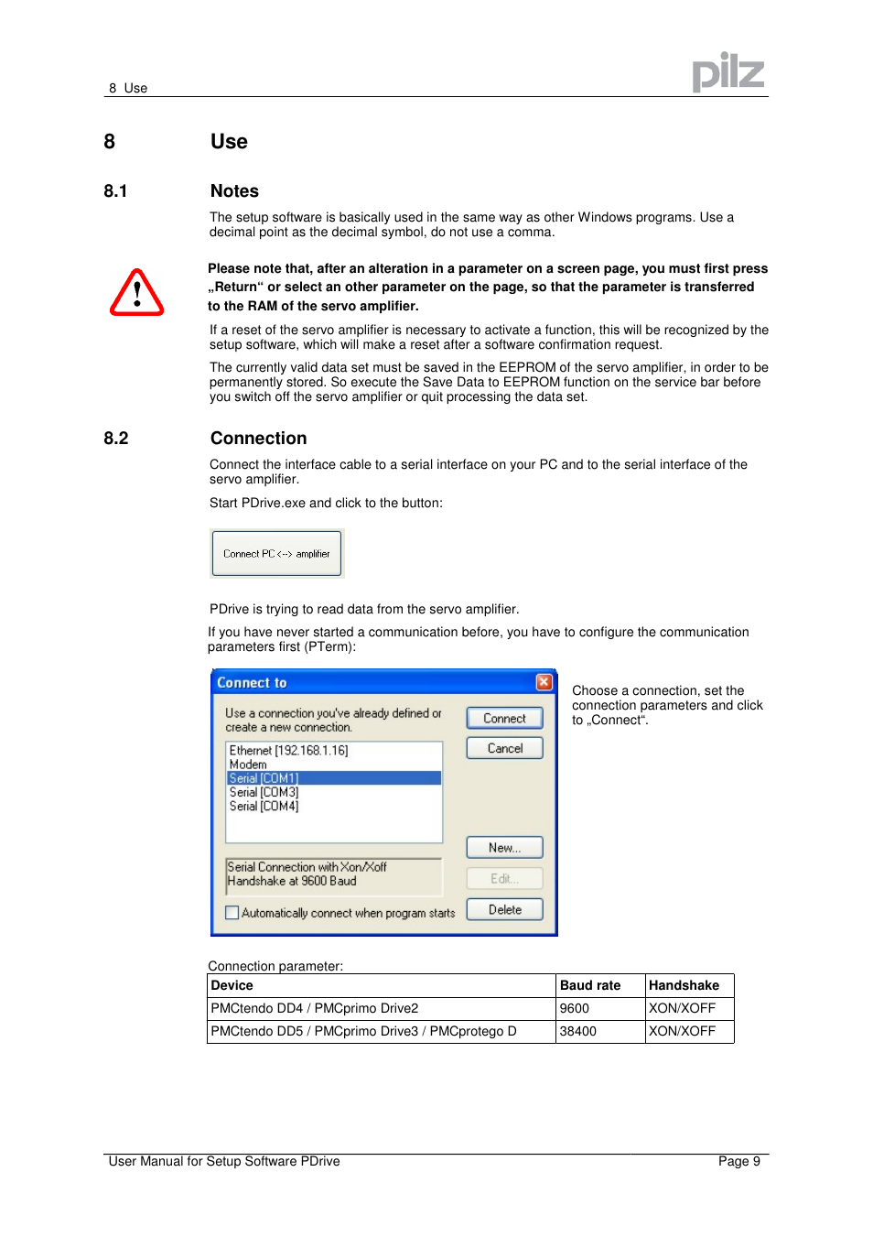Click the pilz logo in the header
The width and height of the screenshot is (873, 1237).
(x=727, y=72)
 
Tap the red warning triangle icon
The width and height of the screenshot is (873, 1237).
(x=137, y=293)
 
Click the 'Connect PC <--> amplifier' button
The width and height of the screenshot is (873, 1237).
(x=276, y=554)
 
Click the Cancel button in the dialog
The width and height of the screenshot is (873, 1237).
(x=504, y=748)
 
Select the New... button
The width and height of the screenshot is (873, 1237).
(x=504, y=848)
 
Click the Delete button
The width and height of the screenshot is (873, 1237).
(x=504, y=909)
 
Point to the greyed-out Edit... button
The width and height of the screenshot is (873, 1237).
(x=504, y=879)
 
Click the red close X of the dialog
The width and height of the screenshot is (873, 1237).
(x=544, y=682)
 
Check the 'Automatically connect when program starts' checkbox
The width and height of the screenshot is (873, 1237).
(x=232, y=913)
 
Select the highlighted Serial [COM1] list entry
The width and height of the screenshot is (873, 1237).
(x=264, y=778)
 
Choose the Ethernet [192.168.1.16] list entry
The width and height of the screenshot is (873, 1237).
(x=288, y=751)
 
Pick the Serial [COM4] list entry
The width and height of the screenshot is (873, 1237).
(x=264, y=807)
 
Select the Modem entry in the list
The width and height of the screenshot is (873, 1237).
(x=248, y=765)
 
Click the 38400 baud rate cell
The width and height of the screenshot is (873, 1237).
(x=578, y=1031)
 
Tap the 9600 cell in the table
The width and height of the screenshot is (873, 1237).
(x=575, y=1008)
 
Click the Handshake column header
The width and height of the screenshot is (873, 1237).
(x=684, y=985)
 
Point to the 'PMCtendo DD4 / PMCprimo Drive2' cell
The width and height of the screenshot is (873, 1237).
(x=315, y=1008)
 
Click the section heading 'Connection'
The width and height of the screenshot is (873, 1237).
(x=259, y=439)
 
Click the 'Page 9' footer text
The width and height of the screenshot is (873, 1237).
(x=738, y=1161)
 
